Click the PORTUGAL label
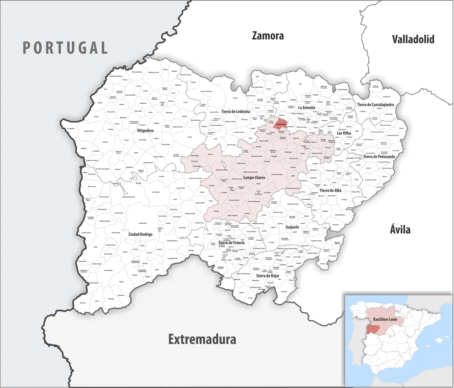tap(65, 48)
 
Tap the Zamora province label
tap(268, 36)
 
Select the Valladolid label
tap(413, 39)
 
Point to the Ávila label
tap(400, 230)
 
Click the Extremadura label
tap(202, 339)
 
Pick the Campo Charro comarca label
tap(254, 177)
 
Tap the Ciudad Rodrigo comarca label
tap(140, 234)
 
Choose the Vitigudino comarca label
tap(145, 131)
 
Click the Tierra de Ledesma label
tap(236, 112)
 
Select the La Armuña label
tap(306, 108)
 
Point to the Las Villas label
tap(344, 133)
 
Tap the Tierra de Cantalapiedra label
tap(375, 104)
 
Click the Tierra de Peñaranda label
tap(379, 156)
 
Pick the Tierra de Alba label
tap(330, 190)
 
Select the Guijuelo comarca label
tap(292, 227)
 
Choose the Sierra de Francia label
tap(231, 242)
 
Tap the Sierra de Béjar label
tap(268, 275)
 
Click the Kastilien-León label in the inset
tap(385, 319)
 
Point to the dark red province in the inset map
tap(372, 329)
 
